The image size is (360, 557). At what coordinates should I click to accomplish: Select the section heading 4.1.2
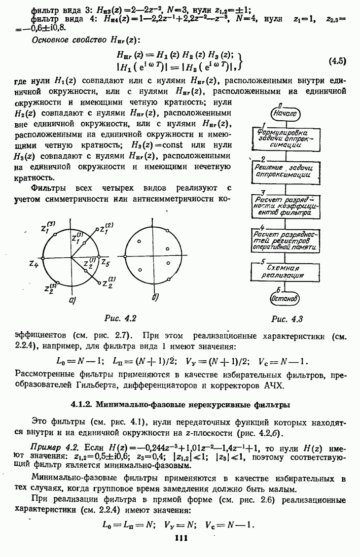[180, 405]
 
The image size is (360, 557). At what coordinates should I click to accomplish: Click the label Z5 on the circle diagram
[106, 263]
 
